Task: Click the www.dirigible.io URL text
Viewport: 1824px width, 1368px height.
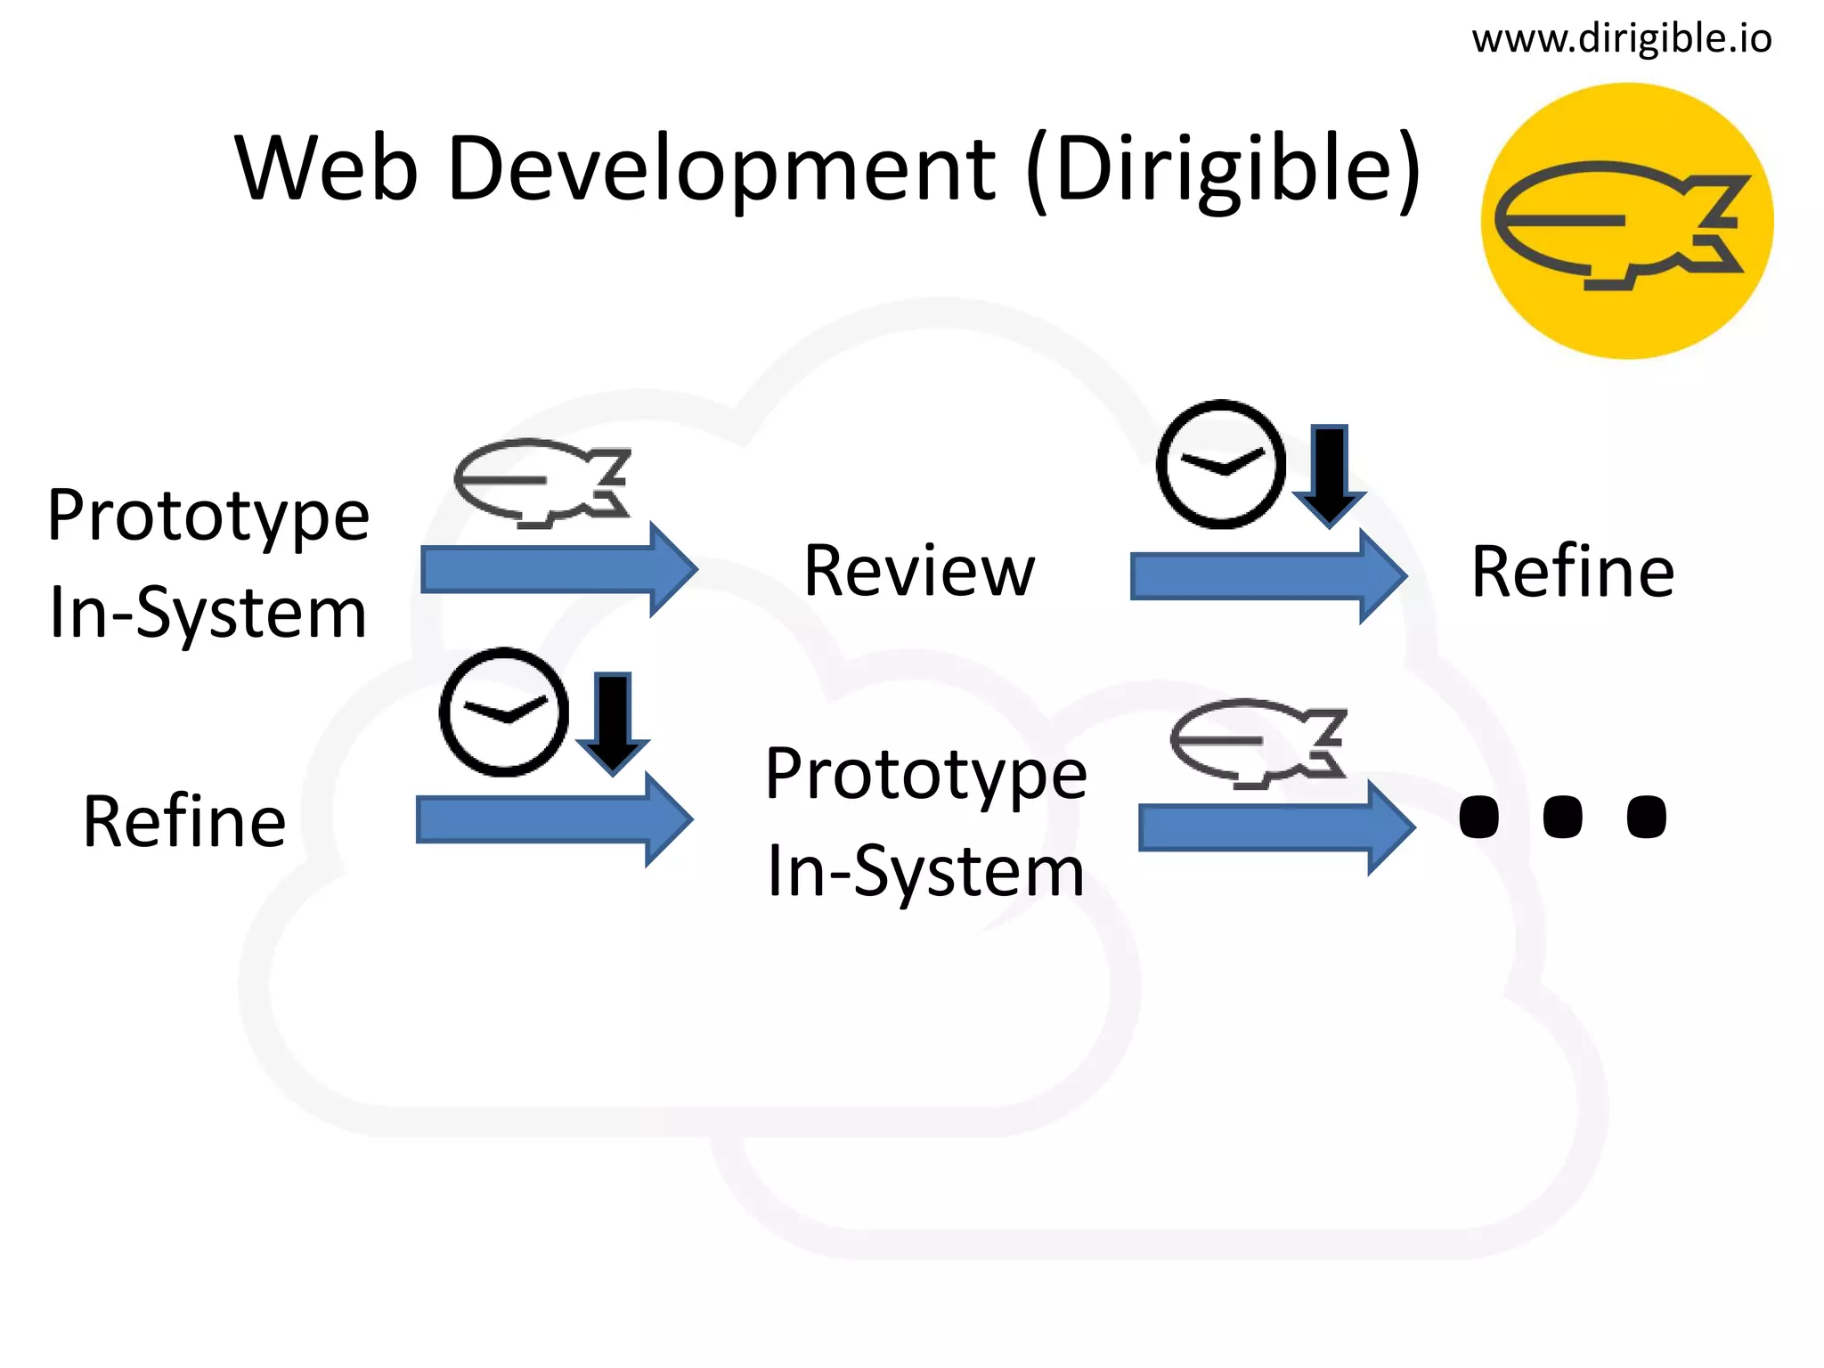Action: point(1621,39)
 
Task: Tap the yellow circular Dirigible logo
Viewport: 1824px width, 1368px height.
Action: point(1626,221)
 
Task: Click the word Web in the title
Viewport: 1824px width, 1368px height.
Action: point(326,168)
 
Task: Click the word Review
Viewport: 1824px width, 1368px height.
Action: point(919,571)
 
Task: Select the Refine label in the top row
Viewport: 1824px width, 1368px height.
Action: point(1573,572)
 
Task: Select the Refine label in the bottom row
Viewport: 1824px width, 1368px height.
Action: point(184,821)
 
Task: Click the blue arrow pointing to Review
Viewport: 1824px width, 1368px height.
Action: point(558,570)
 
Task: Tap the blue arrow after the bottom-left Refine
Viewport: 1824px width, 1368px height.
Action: point(553,819)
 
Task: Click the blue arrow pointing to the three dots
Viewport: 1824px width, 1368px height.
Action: point(1275,827)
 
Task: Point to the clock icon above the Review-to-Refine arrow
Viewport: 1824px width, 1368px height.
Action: point(1220,464)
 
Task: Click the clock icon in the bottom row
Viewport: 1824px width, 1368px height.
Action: point(503,712)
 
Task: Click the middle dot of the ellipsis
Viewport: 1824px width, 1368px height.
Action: point(1562,817)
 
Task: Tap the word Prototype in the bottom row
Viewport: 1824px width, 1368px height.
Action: point(926,774)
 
